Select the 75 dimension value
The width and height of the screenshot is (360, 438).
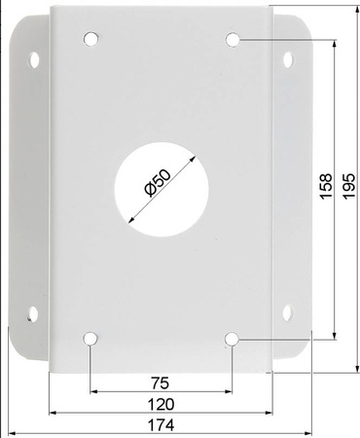point(162,382)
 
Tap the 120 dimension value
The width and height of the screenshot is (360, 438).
point(162,404)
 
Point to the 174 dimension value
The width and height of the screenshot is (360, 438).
point(162,425)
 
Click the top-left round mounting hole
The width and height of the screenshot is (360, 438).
point(90,41)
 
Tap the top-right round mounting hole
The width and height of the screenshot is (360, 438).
point(234,40)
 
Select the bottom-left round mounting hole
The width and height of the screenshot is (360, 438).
point(90,339)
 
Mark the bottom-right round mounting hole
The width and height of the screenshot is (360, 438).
point(234,339)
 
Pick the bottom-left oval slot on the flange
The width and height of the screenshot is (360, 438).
point(34,315)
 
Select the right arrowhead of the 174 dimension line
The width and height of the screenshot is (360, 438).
point(309,433)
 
